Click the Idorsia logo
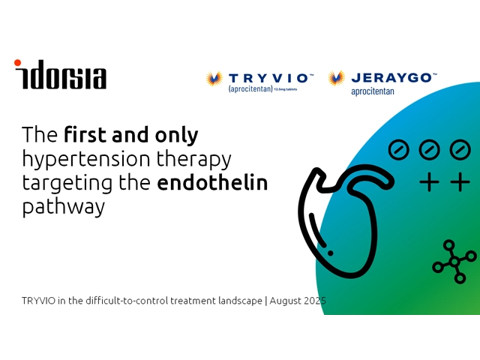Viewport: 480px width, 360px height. point(60,74)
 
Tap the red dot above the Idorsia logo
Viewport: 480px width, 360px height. point(17,63)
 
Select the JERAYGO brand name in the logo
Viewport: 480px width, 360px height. point(394,78)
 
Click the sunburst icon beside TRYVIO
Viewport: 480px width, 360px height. point(214,79)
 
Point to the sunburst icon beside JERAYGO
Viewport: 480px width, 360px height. point(337,78)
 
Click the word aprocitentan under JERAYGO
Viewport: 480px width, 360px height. point(373,91)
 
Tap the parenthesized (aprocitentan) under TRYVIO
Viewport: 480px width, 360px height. point(250,89)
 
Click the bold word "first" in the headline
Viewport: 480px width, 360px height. point(85,135)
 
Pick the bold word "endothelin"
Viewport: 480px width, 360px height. point(212,182)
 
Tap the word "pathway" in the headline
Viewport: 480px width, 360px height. point(64,208)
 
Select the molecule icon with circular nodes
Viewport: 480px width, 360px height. point(454,262)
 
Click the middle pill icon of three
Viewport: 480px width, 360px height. point(429,150)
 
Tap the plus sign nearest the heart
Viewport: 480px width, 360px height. point(429,182)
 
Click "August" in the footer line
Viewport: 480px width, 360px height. point(285,301)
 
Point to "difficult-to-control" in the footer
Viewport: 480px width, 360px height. point(127,301)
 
